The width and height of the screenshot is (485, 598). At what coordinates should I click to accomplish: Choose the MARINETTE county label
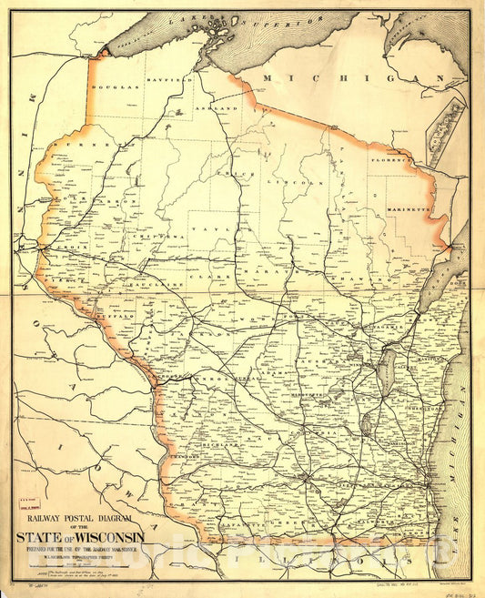(410, 208)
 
